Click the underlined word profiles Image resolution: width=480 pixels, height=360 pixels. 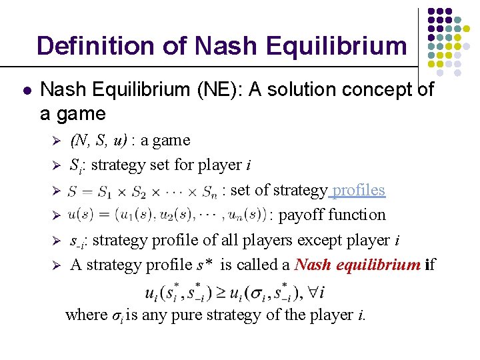coord(359,190)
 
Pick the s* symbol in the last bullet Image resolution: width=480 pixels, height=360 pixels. coord(204,265)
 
